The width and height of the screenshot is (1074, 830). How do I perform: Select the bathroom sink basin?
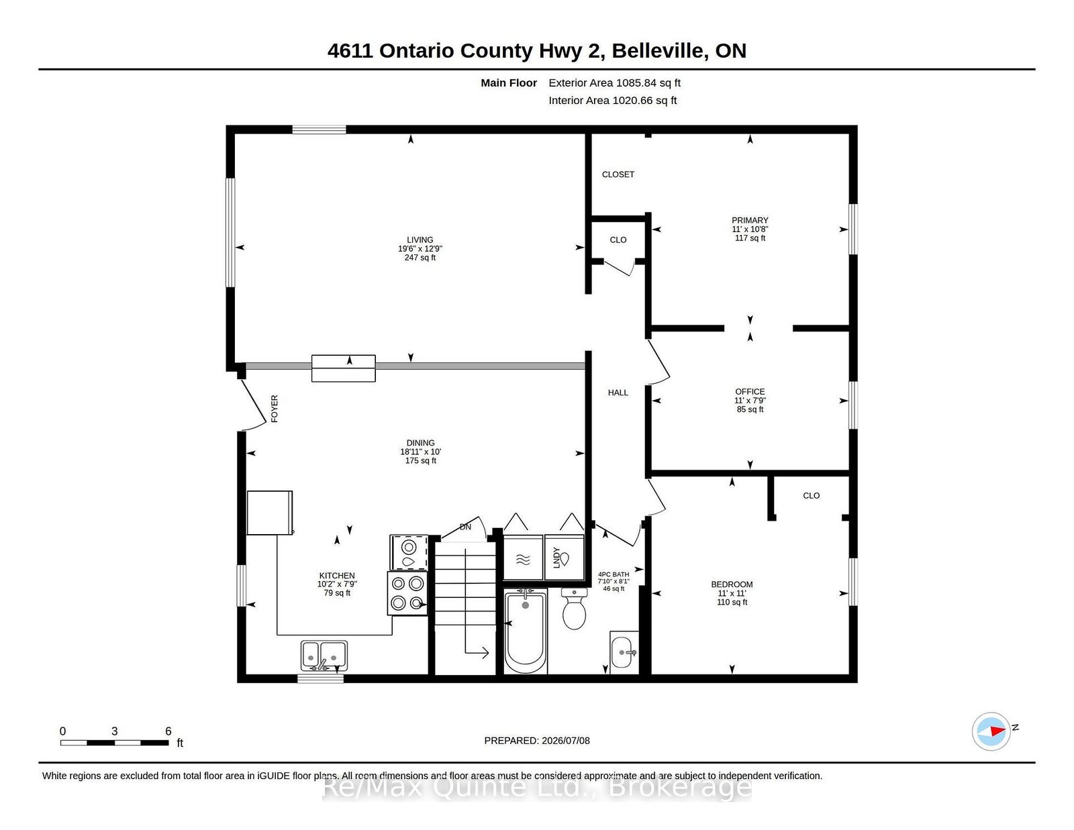[x=625, y=652]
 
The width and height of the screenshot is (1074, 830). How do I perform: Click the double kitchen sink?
[x=324, y=656]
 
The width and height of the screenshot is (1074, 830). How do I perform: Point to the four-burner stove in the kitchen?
[x=407, y=593]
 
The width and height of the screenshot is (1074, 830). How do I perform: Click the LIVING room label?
[x=420, y=240]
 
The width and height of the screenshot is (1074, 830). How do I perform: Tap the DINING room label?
[x=421, y=443]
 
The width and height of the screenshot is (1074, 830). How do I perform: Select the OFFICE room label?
[x=750, y=392]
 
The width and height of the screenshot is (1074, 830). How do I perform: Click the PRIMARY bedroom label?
[x=750, y=220]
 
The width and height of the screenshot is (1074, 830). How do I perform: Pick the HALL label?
[x=618, y=393]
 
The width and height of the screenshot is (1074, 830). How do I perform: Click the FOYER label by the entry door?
[x=275, y=409]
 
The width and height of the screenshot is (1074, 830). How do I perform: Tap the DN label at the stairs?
[x=465, y=527]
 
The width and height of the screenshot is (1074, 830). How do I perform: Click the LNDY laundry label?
[x=556, y=558]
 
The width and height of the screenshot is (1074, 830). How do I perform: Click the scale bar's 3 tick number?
[x=115, y=731]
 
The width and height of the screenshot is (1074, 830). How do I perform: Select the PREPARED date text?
[x=537, y=741]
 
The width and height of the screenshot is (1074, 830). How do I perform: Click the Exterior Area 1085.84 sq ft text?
[x=614, y=83]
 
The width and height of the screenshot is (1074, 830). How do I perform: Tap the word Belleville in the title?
[x=657, y=51]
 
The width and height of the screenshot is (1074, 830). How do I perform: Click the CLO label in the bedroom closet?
[x=811, y=496]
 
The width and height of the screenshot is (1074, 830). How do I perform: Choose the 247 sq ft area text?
[x=420, y=258]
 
